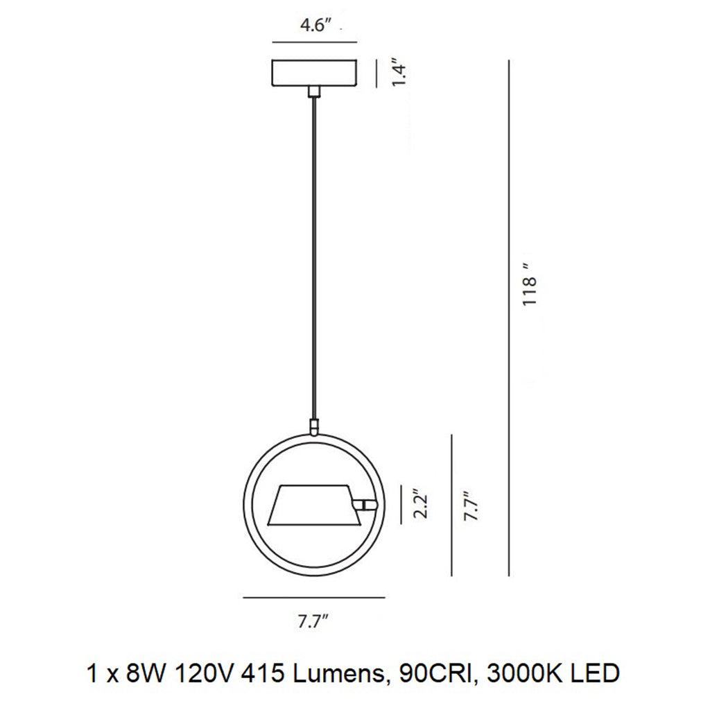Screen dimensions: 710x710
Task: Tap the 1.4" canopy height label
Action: [397, 73]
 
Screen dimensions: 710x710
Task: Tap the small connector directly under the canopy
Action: [315, 92]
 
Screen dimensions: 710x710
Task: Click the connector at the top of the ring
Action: [314, 426]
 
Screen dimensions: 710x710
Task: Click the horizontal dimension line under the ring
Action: [313, 597]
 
